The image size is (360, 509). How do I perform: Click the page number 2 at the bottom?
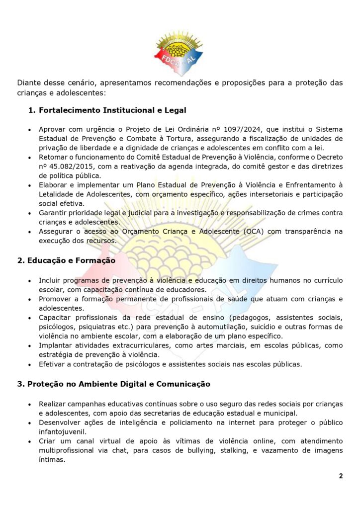point(341,476)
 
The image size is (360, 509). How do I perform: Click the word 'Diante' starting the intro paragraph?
point(29,83)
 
